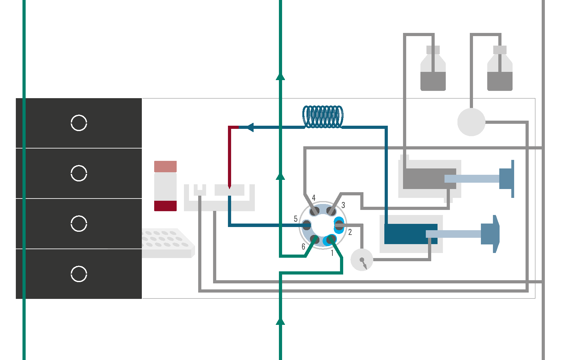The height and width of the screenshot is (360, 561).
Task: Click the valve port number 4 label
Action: [313, 198]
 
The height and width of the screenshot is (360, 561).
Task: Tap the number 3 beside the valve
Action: [343, 205]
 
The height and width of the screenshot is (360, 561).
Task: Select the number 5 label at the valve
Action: [295, 219]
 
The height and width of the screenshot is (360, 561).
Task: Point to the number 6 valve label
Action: [303, 247]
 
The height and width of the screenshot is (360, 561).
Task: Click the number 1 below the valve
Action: [332, 253]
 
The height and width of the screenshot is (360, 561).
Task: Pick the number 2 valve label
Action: [350, 232]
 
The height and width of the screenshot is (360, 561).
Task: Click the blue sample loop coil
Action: [323, 117]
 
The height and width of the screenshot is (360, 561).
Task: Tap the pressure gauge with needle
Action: [362, 260]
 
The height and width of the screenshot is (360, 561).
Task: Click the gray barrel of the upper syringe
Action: [424, 179]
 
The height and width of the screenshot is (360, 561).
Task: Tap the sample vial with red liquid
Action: [165, 186]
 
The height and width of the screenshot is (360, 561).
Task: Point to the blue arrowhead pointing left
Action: [250, 127]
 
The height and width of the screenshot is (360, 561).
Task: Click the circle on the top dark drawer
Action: [79, 123]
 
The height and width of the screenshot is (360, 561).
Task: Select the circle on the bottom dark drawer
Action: [79, 274]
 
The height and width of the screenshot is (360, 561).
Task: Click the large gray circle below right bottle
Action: [471, 122]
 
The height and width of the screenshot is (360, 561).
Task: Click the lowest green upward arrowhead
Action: [280, 322]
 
